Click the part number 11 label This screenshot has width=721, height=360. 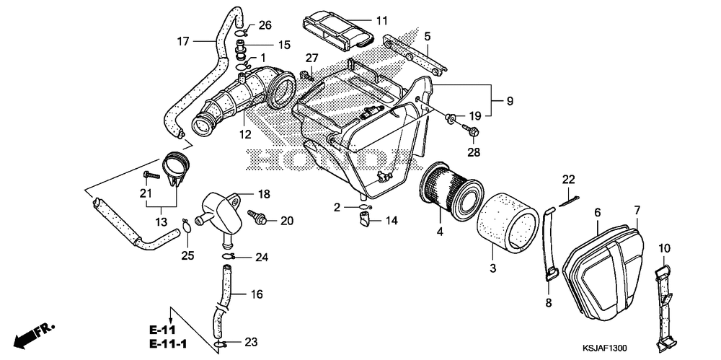pyautogui.click(x=381, y=21)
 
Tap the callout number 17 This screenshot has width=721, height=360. pyautogui.click(x=183, y=41)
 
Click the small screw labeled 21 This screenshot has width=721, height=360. pyautogui.click(x=151, y=175)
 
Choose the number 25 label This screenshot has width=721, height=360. pyautogui.click(x=189, y=255)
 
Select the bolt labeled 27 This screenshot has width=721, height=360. pyautogui.click(x=305, y=74)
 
